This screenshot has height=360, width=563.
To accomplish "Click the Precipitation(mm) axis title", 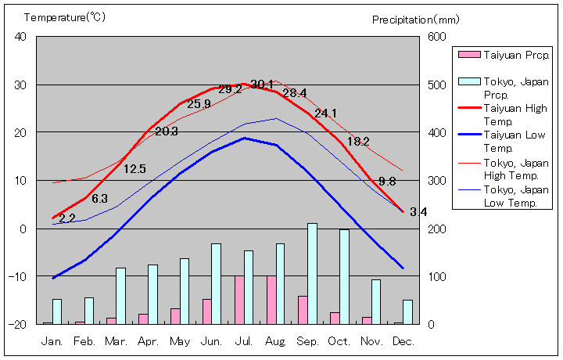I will [415, 19].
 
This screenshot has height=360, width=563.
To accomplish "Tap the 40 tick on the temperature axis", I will [20, 37].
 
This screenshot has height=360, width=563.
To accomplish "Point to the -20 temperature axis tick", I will [19, 324].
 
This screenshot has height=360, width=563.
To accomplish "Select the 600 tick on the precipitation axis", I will [435, 37].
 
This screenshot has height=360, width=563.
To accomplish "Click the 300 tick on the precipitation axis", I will [435, 181].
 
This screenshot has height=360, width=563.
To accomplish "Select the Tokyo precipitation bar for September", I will [312, 273].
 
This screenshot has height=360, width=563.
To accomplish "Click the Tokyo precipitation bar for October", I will [344, 276].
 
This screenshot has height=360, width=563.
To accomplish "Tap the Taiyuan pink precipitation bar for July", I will [239, 300].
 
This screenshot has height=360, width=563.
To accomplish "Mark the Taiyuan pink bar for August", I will [271, 300].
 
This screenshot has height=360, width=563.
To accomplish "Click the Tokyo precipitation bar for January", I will [56, 311].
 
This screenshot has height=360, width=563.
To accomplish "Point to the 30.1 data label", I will [262, 85].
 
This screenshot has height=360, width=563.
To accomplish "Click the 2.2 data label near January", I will [67, 218].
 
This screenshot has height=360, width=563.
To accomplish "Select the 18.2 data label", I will [358, 142].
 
